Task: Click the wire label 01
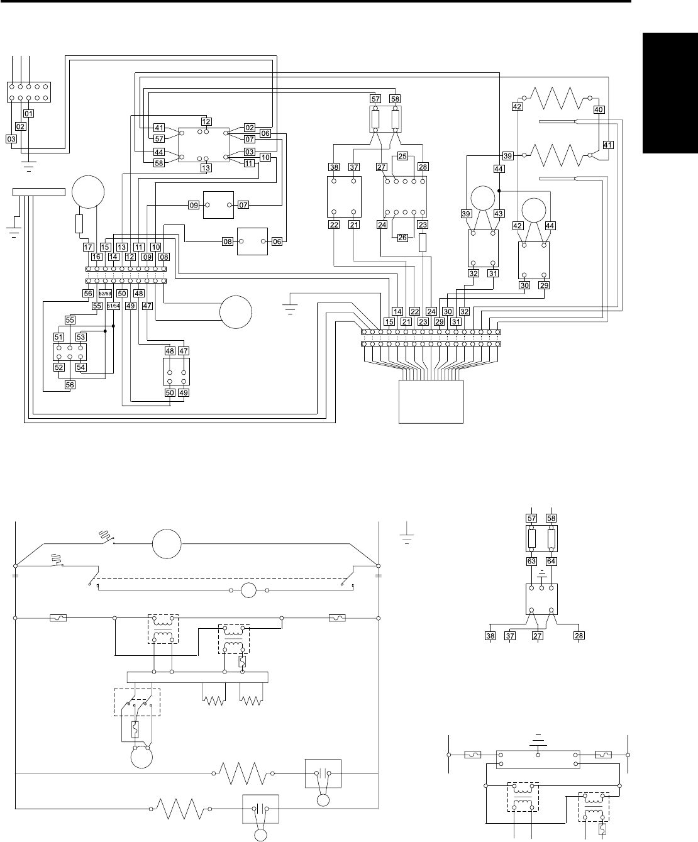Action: (x=28, y=114)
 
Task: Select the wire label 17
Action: (x=88, y=247)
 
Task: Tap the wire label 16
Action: (x=96, y=257)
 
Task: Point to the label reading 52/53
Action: (x=105, y=294)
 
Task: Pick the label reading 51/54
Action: (x=113, y=306)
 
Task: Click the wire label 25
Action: (x=402, y=156)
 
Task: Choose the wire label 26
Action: (x=402, y=238)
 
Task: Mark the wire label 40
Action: (x=599, y=109)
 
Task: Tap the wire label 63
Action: (x=531, y=561)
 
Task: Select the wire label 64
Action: (x=551, y=561)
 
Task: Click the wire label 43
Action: (x=499, y=214)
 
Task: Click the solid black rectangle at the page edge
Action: (x=670, y=93)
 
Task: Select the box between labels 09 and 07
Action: (x=218, y=205)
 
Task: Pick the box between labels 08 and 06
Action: (x=252, y=241)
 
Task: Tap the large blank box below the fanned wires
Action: (x=431, y=402)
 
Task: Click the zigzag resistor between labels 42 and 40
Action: (x=557, y=98)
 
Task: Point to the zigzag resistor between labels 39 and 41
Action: (x=557, y=155)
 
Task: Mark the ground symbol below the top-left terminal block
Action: (x=28, y=167)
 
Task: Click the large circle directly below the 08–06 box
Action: (x=236, y=312)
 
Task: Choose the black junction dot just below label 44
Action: (x=499, y=191)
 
